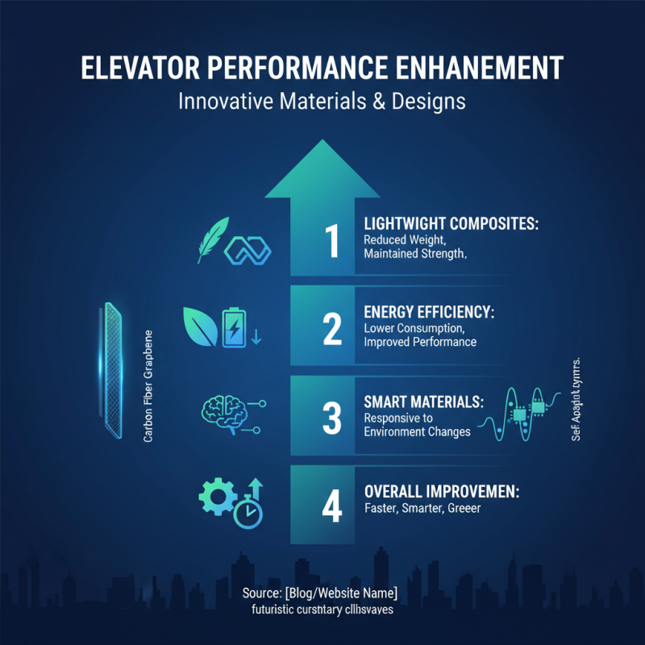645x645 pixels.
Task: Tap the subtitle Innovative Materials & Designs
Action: tap(322, 102)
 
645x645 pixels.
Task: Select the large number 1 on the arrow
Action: tap(331, 242)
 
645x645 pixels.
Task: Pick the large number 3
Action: tap(331, 418)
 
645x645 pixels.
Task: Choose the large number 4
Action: tap(331, 506)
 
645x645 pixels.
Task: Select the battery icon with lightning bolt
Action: tap(235, 327)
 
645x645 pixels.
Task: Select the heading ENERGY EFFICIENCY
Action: tap(429, 313)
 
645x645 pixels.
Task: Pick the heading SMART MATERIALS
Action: tap(423, 401)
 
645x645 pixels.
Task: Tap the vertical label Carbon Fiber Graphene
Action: tap(148, 385)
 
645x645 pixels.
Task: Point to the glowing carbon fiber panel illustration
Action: tap(112, 371)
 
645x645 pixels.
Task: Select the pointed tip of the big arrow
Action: tap(322, 145)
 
